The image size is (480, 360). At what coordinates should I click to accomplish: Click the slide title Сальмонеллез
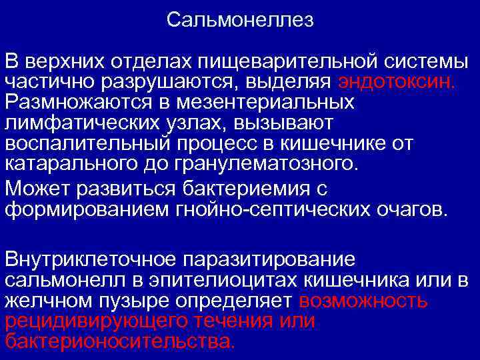(x=240, y=20)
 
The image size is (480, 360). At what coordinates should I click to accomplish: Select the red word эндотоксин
(x=397, y=82)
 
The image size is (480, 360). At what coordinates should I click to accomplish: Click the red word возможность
(x=363, y=300)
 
